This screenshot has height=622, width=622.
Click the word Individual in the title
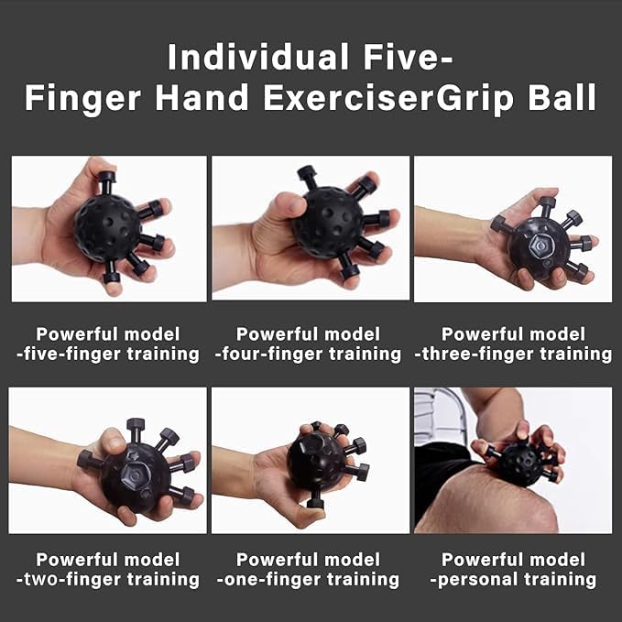click(x=257, y=57)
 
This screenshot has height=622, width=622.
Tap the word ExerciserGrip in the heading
click(x=388, y=98)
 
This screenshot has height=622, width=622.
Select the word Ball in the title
click(x=562, y=97)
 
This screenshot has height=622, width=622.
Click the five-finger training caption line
click(x=108, y=355)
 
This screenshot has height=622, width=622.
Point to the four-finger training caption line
click(x=308, y=355)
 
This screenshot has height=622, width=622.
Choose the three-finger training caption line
click(x=513, y=355)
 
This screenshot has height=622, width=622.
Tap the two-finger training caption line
click(x=108, y=580)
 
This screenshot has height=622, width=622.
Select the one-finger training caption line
click(x=308, y=580)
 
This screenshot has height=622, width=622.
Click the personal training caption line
click(x=513, y=580)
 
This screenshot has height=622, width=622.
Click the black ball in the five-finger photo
click(x=107, y=228)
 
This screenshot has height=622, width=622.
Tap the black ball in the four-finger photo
click(x=327, y=222)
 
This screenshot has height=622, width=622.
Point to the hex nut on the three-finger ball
click(x=540, y=247)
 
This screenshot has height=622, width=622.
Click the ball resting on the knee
click(x=520, y=464)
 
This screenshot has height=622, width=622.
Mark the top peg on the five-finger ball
click(x=106, y=182)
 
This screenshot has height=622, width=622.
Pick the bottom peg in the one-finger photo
click(x=316, y=500)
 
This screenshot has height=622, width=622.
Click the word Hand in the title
click(x=202, y=97)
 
